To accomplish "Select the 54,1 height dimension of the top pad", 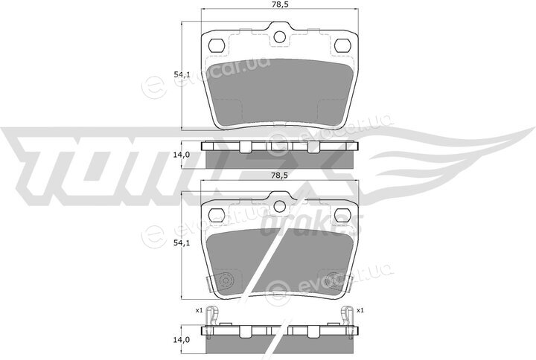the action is click(182, 74).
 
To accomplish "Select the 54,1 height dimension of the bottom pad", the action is click(182, 242).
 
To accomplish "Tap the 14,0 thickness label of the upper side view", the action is click(182, 155).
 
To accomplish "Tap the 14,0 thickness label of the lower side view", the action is click(182, 340).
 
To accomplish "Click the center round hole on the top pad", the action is click(280, 36).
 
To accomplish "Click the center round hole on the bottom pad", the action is click(280, 206).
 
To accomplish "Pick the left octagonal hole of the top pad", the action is click(217, 45).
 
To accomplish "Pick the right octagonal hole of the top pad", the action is click(343, 45).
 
